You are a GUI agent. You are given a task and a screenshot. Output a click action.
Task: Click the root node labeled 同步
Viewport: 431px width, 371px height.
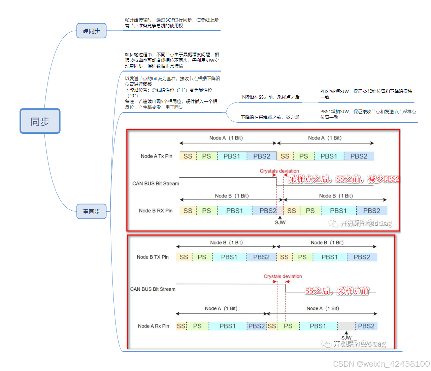tap(40, 121)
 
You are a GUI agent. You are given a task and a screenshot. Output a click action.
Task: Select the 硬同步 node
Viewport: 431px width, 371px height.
tap(91, 31)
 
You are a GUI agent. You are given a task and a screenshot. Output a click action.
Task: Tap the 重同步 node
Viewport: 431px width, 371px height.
tap(91, 211)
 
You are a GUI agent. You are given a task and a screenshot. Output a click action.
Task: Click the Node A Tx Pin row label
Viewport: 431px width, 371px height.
tap(156, 156)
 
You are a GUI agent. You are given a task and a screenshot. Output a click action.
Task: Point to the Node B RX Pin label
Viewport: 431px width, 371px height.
tap(156, 211)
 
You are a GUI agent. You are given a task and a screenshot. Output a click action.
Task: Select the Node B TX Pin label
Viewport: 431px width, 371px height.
tap(153, 257)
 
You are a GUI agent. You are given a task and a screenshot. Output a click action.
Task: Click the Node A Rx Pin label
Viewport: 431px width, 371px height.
tap(154, 326)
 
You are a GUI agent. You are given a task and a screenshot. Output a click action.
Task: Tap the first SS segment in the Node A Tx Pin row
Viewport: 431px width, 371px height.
tap(188, 156)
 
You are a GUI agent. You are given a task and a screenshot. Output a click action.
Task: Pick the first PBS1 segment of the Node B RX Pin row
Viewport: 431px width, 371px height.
tap(234, 211)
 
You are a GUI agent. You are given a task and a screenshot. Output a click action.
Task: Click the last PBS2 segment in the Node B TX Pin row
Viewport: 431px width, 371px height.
tap(362, 257)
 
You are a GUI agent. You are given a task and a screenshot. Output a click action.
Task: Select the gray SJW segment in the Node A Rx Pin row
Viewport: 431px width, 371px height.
tap(346, 326)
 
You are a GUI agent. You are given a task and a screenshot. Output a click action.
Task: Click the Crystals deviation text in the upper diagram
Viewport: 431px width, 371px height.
tap(279, 171)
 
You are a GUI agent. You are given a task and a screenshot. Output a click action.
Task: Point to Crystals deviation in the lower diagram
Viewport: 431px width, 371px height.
tap(283, 276)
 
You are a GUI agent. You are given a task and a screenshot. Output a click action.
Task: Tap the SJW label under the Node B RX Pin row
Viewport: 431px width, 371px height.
tap(280, 222)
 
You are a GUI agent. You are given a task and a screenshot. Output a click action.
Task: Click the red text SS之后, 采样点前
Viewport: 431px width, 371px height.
tap(337, 291)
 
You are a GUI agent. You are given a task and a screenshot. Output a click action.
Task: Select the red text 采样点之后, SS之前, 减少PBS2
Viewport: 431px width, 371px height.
tap(344, 179)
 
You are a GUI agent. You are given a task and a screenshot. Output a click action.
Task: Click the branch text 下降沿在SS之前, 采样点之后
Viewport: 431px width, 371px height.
tap(270, 97)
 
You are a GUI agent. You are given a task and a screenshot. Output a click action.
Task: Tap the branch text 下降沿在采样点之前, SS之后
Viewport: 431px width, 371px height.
tap(270, 117)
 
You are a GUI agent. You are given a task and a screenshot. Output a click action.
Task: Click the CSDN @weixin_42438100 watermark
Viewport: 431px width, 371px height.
tap(381, 364)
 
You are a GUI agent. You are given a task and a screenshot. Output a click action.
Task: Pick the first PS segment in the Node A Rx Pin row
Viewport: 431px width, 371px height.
tap(197, 326)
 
